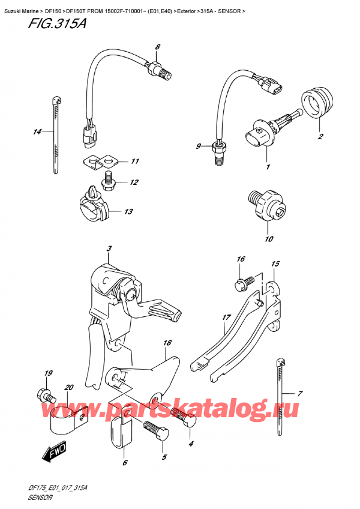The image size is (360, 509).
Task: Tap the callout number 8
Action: (x=158, y=47)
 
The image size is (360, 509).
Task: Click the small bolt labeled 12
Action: (x=109, y=179)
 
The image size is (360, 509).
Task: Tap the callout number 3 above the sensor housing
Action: (x=109, y=249)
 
